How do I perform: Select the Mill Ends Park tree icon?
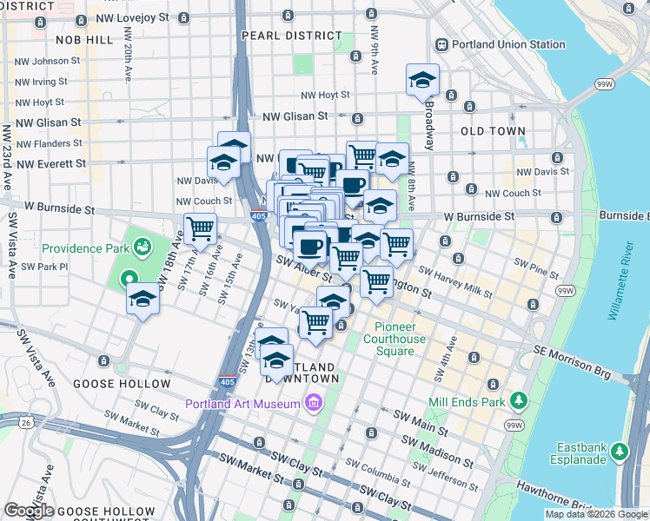click(x=519, y=400)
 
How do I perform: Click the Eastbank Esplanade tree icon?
click(x=619, y=451)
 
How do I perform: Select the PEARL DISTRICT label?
click(x=292, y=36)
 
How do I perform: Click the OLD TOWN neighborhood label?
click(x=494, y=131)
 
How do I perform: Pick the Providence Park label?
click(x=85, y=248)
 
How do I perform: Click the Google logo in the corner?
click(x=30, y=511)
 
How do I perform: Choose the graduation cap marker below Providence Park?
click(x=143, y=300)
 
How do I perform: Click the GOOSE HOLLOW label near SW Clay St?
click(x=122, y=383)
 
